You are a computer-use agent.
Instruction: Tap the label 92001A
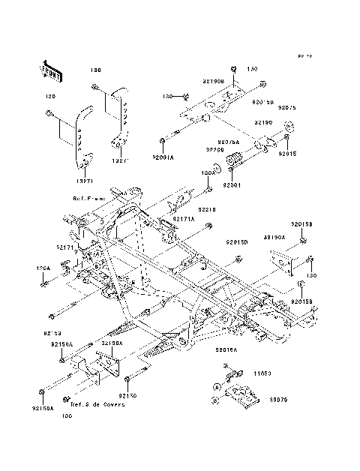pos(162,158)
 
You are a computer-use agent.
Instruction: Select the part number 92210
pos(208,211)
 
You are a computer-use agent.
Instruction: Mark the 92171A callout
pos(184,220)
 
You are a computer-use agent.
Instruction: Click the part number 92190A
pos(274,236)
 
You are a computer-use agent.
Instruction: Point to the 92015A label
pos(226,349)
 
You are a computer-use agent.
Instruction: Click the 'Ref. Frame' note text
pos(88,198)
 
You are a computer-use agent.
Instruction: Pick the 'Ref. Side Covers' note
pos(97,403)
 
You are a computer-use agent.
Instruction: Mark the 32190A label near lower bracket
pos(112,341)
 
